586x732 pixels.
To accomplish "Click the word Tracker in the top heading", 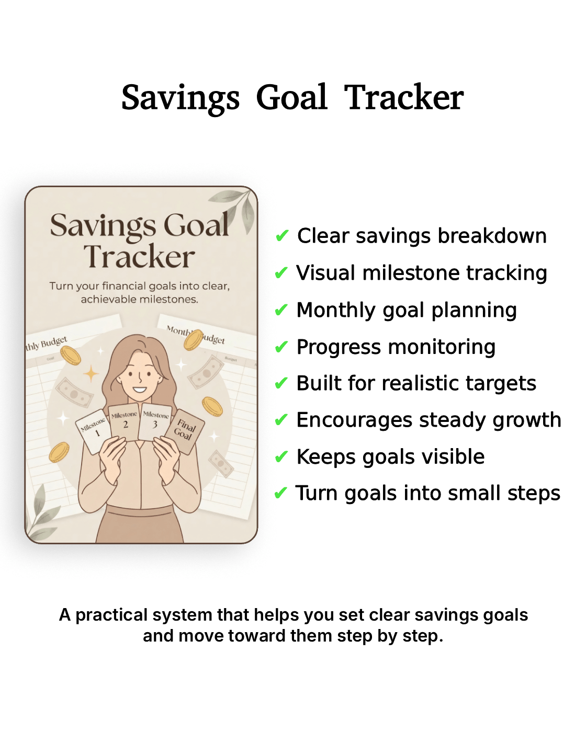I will (404, 98).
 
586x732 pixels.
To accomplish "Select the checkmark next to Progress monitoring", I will (281, 347).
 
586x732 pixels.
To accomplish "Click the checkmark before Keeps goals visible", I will (281, 458).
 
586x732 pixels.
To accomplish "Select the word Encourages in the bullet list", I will (354, 420).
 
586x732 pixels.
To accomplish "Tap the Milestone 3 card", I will (155, 421).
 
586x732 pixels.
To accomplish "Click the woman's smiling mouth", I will (139, 389).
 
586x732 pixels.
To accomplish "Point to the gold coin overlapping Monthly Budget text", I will (193, 339).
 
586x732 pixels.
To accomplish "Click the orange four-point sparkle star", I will (91, 373).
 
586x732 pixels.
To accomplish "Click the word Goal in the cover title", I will (196, 226).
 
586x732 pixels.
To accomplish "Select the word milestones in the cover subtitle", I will (170, 300).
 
